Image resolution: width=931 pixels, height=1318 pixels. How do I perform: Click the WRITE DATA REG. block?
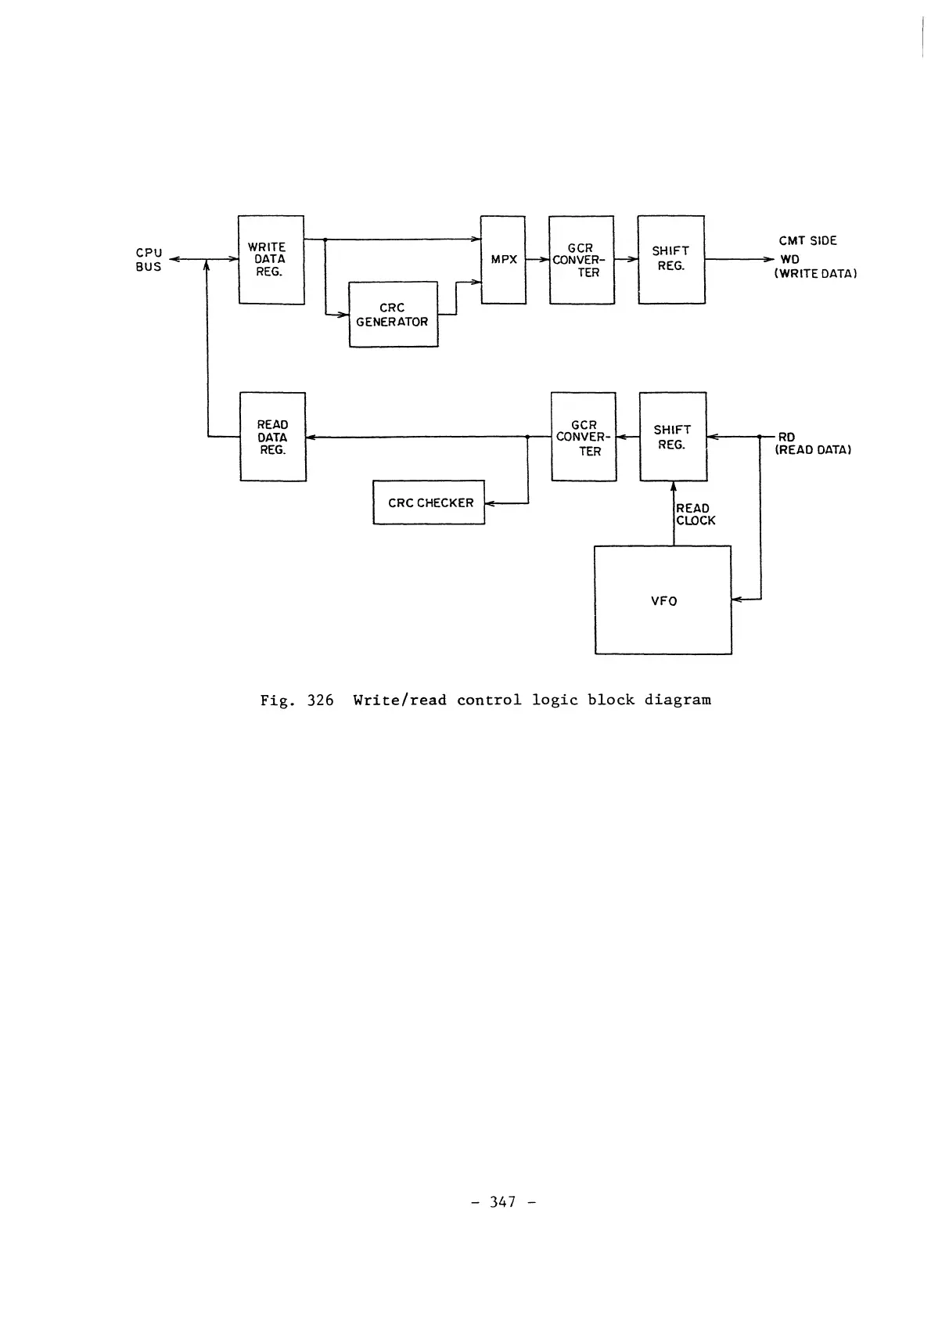pos(271,260)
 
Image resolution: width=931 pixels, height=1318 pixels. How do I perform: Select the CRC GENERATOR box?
pos(393,314)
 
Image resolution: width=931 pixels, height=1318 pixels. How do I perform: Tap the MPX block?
pos(503,260)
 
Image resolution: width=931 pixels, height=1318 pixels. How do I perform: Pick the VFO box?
pos(663,600)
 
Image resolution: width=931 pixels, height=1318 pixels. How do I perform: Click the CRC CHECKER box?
pos(429,502)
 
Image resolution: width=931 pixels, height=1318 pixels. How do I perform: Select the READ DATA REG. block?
pos(272,437)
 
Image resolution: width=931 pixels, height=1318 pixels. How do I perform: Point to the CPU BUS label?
pos(149,260)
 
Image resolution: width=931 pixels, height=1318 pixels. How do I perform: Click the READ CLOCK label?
pos(695,514)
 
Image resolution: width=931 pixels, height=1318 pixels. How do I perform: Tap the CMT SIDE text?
pos(807,241)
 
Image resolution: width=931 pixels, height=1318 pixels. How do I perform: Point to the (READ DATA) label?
pos(813,450)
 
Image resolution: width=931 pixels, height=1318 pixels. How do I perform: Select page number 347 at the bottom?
pos(503,1201)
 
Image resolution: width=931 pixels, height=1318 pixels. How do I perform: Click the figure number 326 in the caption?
pos(320,700)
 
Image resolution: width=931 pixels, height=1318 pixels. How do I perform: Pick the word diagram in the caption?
pos(678,700)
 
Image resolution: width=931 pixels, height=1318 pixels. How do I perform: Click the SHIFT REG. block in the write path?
pos(671,260)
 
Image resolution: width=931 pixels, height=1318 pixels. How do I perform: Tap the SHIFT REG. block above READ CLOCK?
pos(673,437)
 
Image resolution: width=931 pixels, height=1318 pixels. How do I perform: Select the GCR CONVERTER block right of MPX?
pos(581,260)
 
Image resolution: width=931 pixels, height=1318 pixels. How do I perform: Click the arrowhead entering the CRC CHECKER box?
pos(490,503)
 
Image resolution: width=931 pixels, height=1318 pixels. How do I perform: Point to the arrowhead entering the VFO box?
pos(736,600)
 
